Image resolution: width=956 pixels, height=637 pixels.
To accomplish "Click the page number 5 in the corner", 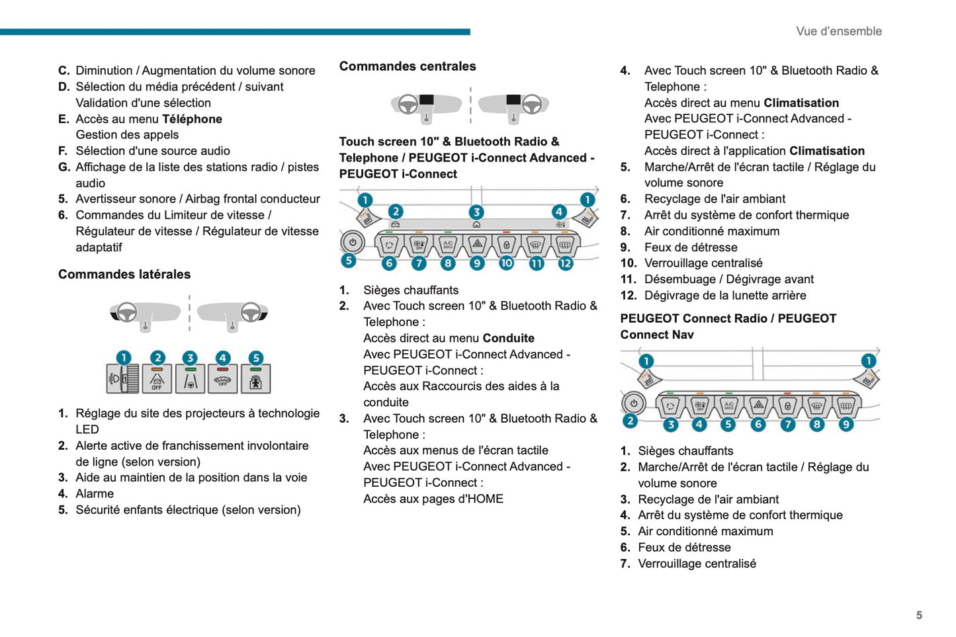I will tap(918, 615).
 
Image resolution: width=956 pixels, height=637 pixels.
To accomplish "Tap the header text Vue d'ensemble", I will tap(838, 31).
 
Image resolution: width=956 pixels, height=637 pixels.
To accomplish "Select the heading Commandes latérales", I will tap(124, 274).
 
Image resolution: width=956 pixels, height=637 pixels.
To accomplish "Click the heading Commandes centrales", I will tap(408, 66).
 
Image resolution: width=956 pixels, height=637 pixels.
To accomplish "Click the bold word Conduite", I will tap(508, 338).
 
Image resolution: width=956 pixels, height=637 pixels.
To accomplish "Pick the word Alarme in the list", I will tap(95, 493).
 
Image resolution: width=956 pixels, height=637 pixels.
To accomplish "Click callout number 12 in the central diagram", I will tap(565, 263).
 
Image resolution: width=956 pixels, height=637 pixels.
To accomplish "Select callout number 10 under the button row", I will tap(506, 263).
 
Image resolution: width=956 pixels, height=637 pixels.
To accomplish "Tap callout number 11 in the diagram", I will tap(536, 263).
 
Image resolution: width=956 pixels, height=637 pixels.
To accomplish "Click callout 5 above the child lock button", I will tap(256, 358).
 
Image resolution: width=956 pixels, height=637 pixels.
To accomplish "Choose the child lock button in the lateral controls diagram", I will tap(256, 380).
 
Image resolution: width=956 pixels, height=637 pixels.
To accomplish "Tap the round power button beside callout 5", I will tap(353, 242).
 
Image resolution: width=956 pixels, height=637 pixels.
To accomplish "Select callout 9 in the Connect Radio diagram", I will tap(846, 424).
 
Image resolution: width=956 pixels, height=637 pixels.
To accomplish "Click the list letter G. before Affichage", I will tap(64, 167).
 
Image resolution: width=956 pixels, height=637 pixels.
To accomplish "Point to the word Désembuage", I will tap(679, 279).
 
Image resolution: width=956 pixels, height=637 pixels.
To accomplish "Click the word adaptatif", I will tap(99, 247).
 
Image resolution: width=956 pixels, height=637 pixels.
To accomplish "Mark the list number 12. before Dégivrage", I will tap(628, 295).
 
